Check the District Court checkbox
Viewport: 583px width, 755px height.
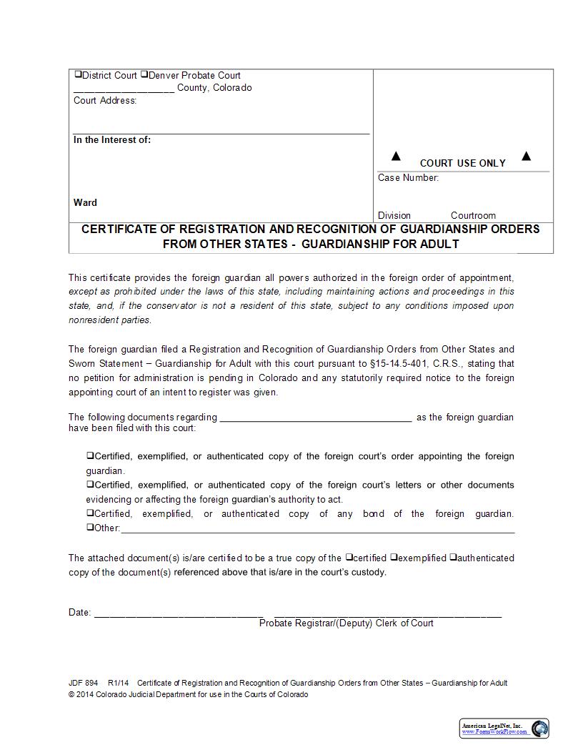click(78, 74)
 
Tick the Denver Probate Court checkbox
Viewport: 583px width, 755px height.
click(144, 74)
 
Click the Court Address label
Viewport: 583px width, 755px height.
click(105, 101)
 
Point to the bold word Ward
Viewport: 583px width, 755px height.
click(85, 202)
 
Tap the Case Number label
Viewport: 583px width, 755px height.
click(408, 178)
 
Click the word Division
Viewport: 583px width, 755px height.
click(394, 215)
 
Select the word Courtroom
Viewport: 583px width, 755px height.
click(473, 215)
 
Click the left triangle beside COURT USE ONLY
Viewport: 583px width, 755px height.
click(396, 157)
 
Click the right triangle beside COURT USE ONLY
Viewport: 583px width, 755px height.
click(527, 156)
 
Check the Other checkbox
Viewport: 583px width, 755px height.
click(91, 528)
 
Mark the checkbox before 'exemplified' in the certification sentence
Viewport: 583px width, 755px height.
click(394, 557)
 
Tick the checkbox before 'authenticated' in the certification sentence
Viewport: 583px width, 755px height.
click(453, 557)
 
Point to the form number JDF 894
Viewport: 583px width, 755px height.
click(84, 683)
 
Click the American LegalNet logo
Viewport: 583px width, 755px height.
click(504, 729)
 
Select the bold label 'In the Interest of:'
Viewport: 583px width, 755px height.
click(112, 140)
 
